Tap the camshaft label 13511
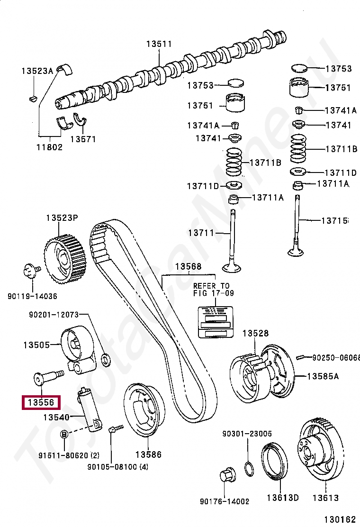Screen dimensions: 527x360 point(159,44)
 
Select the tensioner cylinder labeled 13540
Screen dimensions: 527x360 point(89,408)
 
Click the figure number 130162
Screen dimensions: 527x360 point(339,519)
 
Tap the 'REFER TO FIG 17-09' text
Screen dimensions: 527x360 point(211,289)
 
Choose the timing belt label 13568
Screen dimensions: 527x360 point(189,266)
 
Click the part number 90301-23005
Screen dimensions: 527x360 point(247,433)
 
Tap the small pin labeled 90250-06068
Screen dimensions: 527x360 point(300,356)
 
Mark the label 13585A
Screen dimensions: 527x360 point(323,376)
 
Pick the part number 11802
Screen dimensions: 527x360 point(49,147)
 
